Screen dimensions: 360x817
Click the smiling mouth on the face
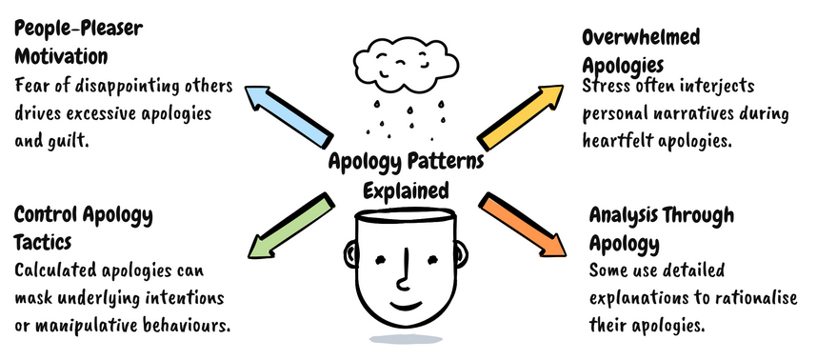406,307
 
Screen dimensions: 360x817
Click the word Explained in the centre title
408,190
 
